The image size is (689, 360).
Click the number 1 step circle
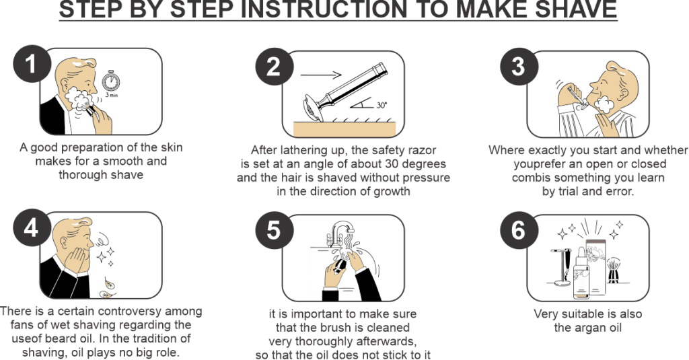pyautogui.click(x=31, y=64)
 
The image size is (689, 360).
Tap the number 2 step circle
pyautogui.click(x=273, y=67)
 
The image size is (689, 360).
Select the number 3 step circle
pyautogui.click(x=519, y=67)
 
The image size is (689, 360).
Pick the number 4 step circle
pyautogui.click(x=31, y=228)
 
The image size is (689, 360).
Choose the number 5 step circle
pyautogui.click(x=273, y=230)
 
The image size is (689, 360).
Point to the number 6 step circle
pyautogui.click(x=519, y=230)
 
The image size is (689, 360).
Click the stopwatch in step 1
pyautogui.click(x=111, y=81)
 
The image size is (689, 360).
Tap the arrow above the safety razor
pyautogui.click(x=321, y=75)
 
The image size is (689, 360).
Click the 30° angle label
pyautogui.click(x=382, y=105)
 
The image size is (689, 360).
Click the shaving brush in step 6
pyautogui.click(x=613, y=271)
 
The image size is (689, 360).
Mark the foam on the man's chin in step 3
pyautogui.click(x=602, y=104)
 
